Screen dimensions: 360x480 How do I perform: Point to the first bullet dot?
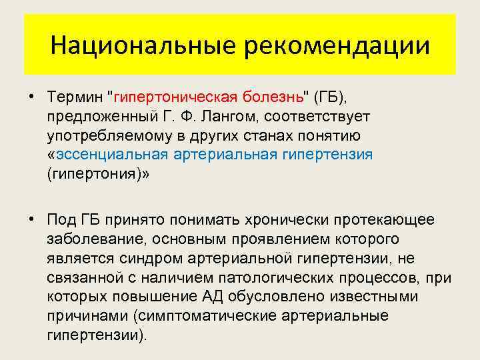(x=32, y=97)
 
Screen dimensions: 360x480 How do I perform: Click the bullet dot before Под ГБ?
(x=32, y=220)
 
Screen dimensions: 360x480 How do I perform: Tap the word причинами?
(x=77, y=315)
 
